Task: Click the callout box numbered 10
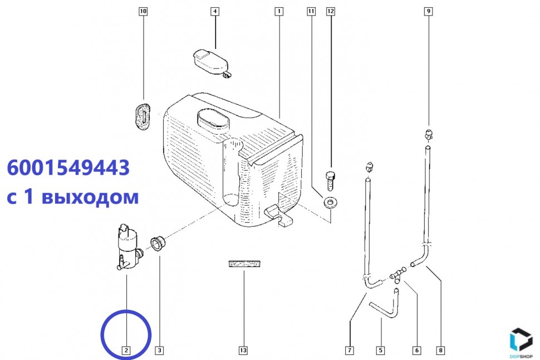coord(143,11)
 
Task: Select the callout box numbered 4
coord(215,11)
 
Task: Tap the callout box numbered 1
coord(279,11)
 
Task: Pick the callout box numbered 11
coord(311,11)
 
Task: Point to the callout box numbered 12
coord(331,11)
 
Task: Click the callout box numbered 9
coord(429,11)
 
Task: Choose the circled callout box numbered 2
coord(126,351)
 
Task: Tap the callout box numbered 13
coord(243,351)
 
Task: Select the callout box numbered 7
coord(350,351)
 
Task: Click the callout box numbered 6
coord(417,351)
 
